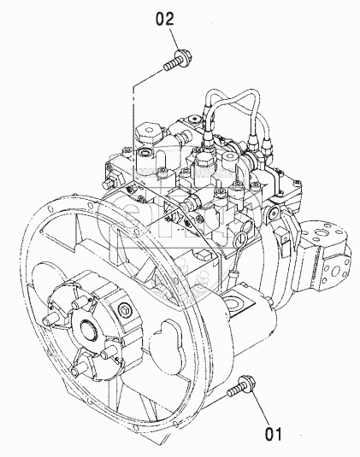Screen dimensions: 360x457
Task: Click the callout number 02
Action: (x=164, y=20)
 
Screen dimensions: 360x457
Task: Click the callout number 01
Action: (x=274, y=434)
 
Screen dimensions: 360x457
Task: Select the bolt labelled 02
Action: (x=178, y=61)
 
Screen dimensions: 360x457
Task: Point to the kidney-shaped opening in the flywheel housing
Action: (x=167, y=347)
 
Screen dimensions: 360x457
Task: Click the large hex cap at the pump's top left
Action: (x=149, y=132)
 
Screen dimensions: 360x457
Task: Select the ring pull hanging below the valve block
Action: (x=239, y=241)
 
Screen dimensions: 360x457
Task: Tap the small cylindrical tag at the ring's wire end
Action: (x=234, y=275)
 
